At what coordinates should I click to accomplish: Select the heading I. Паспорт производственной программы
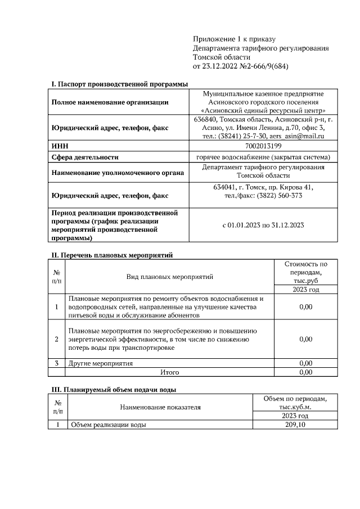coord(119,84)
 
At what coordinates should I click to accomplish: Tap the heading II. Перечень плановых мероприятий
coord(112,255)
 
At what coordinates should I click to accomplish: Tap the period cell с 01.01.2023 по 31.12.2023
coord(264,226)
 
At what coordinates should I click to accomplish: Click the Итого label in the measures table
coord(169,372)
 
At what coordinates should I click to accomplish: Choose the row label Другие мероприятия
coord(101,363)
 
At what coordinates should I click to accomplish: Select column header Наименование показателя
coord(160,407)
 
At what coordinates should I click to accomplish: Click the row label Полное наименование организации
coord(110,102)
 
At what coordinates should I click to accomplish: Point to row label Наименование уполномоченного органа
coord(118,173)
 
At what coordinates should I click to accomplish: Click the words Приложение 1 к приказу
coord(233,39)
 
